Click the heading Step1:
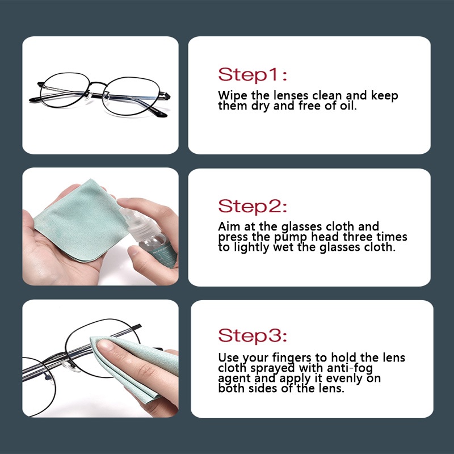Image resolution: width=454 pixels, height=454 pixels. pos(253,74)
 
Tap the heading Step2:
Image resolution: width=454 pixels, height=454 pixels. pos(253,206)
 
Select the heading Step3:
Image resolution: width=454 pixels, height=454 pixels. pos(253,335)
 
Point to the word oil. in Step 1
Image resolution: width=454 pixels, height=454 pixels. pos(348,106)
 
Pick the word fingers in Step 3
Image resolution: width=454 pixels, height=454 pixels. pos(291,358)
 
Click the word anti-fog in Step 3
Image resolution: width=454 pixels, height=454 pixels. pos(350,368)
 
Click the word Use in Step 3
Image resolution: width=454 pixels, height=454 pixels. pos(229,358)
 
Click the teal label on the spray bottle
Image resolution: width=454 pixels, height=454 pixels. pos(163,255)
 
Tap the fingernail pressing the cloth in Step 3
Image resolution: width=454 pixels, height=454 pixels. pos(106,345)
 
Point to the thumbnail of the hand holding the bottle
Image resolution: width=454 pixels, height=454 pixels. pos(133,250)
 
